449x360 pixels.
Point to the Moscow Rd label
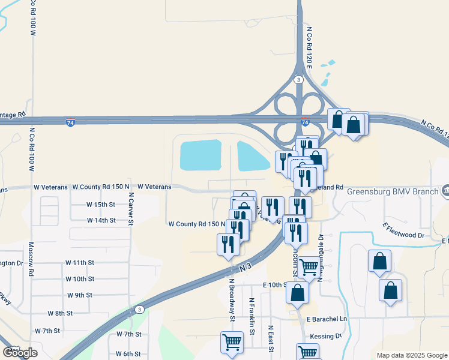coord(31,256)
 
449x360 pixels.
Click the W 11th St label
coord(80,263)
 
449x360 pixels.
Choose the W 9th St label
coord(80,295)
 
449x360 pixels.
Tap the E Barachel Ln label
coord(327,320)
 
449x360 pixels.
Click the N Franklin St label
coord(252,317)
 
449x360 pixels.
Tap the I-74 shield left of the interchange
coord(71,122)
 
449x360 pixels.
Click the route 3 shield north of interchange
coord(298,79)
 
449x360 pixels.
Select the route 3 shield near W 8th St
coord(139,310)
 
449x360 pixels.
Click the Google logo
coord(20,353)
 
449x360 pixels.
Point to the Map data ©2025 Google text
coord(411,355)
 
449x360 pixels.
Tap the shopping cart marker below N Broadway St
coord(232,343)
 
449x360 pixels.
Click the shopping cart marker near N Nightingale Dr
coord(309,266)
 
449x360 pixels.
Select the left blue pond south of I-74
coord(201,155)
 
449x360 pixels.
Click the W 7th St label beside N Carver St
coord(129,334)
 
